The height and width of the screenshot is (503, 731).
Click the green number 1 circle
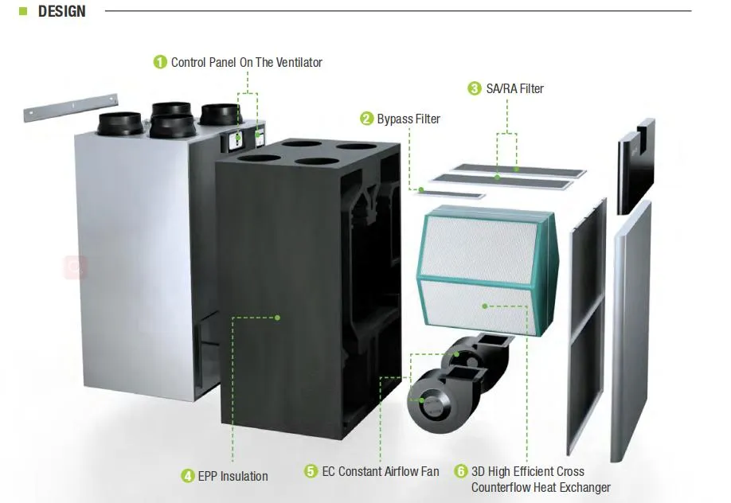coord(160,62)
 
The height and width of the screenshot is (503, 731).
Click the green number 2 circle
coord(366,119)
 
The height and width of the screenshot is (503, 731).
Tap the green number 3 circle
coord(475,88)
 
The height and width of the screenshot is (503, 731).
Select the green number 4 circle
coord(188,476)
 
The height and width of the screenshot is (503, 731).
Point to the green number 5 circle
coord(311,471)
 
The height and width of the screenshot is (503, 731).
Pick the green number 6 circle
coord(460,471)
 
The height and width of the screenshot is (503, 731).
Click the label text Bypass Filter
coord(408,119)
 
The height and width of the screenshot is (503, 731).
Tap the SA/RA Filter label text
coord(514,88)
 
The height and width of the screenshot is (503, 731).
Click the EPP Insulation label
coord(233,476)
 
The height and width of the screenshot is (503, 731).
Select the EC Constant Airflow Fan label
coord(380,471)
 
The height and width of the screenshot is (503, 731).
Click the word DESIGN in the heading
coord(61,12)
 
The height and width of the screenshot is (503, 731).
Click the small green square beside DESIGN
coord(23,12)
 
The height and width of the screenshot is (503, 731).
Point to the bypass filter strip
coord(451,193)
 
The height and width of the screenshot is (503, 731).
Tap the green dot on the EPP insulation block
coord(277,318)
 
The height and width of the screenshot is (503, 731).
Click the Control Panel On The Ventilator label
coord(246,62)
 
